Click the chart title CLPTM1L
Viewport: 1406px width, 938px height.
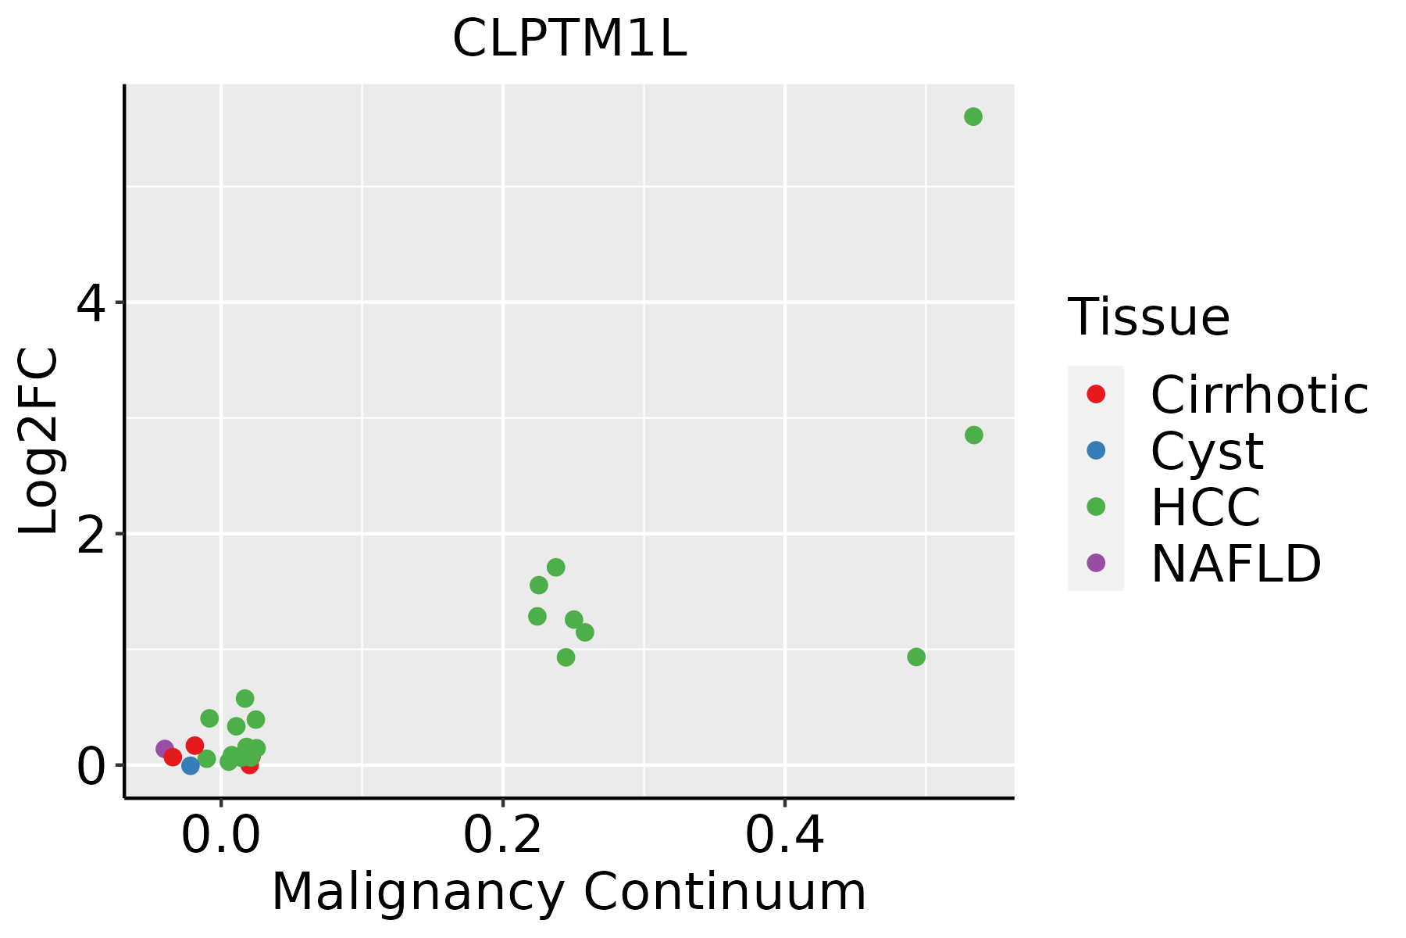pyautogui.click(x=569, y=39)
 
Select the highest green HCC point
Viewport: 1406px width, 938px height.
pyautogui.click(x=972, y=116)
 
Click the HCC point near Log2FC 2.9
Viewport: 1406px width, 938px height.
pyautogui.click(x=973, y=435)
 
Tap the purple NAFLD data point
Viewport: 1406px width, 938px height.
pyautogui.click(x=165, y=749)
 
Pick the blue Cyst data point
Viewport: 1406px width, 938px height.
pyautogui.click(x=190, y=765)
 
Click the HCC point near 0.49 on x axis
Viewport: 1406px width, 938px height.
pyautogui.click(x=916, y=657)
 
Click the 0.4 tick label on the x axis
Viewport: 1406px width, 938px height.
pyautogui.click(x=784, y=836)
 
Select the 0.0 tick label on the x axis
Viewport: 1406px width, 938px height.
pyautogui.click(x=221, y=836)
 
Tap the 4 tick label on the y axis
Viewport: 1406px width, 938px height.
pyautogui.click(x=91, y=303)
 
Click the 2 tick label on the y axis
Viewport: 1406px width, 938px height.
pyautogui.click(x=91, y=535)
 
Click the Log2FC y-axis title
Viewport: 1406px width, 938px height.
pyautogui.click(x=39, y=441)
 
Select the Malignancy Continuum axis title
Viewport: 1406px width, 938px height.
pyautogui.click(x=569, y=892)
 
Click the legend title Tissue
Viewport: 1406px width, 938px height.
pyautogui.click(x=1148, y=317)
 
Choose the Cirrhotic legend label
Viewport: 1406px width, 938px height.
pyautogui.click(x=1259, y=395)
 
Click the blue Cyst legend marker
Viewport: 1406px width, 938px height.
pyautogui.click(x=1096, y=450)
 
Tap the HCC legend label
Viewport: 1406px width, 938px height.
pyautogui.click(x=1205, y=507)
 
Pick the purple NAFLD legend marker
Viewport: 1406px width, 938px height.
pyautogui.click(x=1096, y=562)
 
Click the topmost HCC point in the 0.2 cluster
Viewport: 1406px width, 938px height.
pyautogui.click(x=555, y=567)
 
